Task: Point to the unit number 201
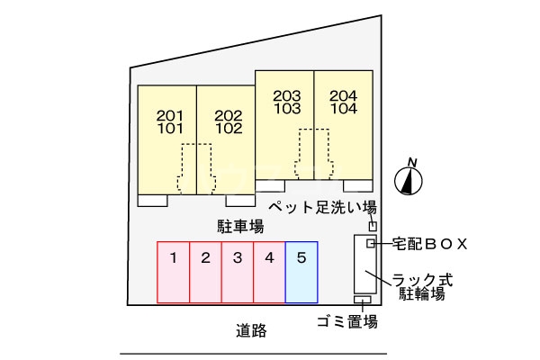[169, 115]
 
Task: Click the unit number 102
[229, 128]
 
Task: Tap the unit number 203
[286, 95]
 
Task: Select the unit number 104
[344, 108]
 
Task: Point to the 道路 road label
[251, 330]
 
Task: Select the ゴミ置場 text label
[346, 321]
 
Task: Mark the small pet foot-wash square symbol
[373, 226]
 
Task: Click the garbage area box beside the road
[363, 300]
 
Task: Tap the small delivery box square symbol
[371, 244]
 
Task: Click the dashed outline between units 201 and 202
[196, 168]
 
